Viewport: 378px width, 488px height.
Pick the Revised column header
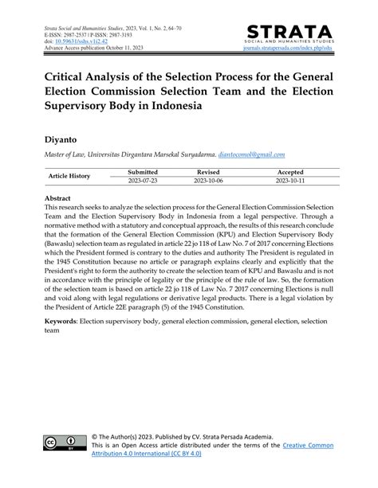click(209, 171)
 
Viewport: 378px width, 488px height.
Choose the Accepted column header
click(289, 171)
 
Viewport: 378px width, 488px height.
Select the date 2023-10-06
click(209, 181)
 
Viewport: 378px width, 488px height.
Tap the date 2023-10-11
click(289, 181)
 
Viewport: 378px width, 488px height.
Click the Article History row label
click(69, 176)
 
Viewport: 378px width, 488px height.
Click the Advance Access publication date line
click(89, 53)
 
